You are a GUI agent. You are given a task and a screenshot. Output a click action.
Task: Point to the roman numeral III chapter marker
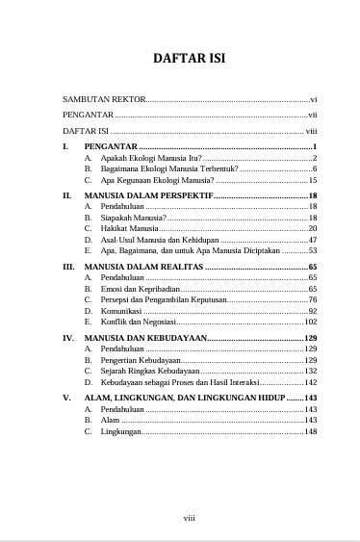tap(68, 266)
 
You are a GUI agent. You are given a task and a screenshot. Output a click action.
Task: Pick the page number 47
tap(312, 240)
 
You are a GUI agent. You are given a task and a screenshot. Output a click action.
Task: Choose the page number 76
tap(312, 300)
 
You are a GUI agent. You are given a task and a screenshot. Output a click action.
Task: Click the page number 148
tap(310, 431)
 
